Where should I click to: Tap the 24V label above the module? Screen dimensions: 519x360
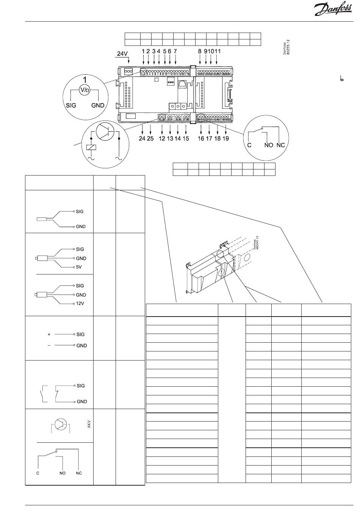122,54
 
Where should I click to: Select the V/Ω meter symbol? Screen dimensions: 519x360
85,89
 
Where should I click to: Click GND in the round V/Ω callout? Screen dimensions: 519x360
98,105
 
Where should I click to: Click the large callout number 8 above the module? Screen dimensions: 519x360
200,51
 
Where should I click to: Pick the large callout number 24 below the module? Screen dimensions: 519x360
142,139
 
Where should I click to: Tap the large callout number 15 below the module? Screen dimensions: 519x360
185,139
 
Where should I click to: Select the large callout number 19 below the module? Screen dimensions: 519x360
225,139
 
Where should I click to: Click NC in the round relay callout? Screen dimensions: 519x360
281,145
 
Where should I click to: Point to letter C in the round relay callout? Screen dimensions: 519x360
249,145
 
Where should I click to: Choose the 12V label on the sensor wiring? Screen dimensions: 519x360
80,304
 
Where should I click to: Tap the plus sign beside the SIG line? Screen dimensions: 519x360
49,334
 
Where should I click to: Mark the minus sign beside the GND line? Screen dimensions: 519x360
49,345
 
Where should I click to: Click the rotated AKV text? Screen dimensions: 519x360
90,424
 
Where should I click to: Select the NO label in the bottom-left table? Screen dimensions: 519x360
63,473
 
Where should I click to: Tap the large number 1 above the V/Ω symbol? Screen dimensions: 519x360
85,80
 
